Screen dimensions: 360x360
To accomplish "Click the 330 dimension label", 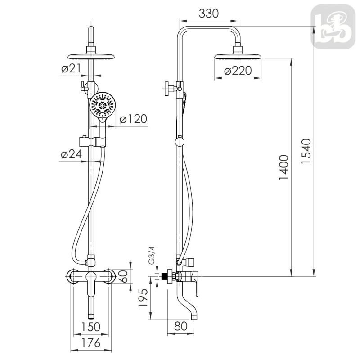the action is [x=208, y=13].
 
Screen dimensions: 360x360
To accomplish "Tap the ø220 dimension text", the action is [x=238, y=71].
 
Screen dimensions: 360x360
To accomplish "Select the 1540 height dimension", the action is [x=306, y=151].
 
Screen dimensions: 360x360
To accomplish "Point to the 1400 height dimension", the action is [x=284, y=167].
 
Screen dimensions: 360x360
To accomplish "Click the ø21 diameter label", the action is [x=71, y=68].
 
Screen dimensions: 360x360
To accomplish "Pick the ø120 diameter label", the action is [x=133, y=119].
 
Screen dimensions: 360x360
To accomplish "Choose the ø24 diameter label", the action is [x=72, y=154].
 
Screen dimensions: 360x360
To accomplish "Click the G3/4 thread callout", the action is [x=152, y=255].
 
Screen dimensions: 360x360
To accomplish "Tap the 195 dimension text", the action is [x=143, y=297].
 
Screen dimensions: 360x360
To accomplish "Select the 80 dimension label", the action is [x=181, y=326].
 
